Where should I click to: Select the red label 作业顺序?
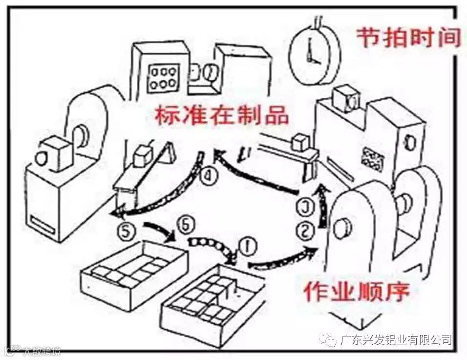356,292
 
